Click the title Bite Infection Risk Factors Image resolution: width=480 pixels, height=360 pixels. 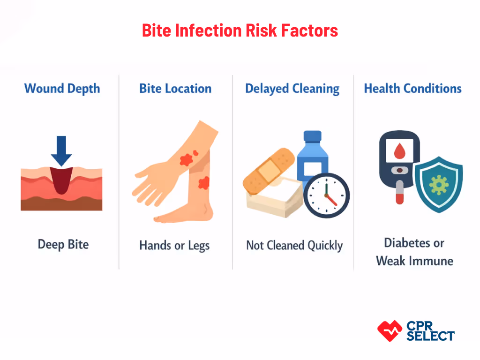coord(240,30)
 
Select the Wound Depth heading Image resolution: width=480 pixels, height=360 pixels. coord(62,89)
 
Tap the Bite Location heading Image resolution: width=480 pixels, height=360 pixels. coord(175,89)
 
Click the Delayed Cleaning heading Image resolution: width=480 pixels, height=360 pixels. coord(292,89)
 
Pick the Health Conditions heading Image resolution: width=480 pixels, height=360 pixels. coord(413,89)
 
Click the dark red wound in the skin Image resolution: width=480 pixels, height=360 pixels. coord(61,181)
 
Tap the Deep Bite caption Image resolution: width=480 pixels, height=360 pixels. coord(63,244)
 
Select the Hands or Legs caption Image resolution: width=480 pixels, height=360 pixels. coord(174,246)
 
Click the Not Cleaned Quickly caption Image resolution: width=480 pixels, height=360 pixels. coord(294,246)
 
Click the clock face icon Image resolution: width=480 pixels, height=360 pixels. coord(327,195)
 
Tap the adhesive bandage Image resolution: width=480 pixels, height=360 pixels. coord(269,170)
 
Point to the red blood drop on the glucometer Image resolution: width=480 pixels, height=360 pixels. coord(399,150)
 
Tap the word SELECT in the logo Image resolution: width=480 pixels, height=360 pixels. coord(430,336)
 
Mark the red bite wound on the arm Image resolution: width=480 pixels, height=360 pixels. coord(187,160)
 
